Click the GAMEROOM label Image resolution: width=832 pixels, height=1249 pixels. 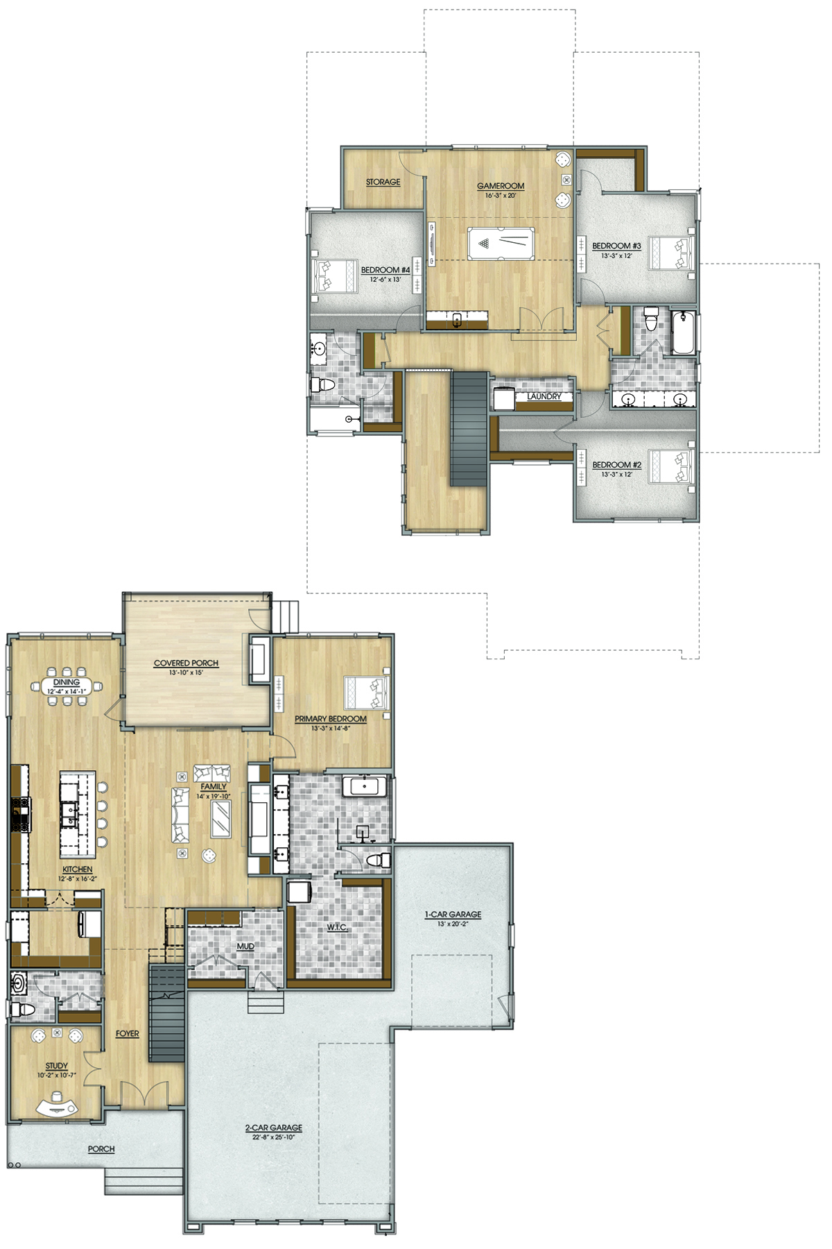501,186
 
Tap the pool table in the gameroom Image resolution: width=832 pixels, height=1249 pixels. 501,244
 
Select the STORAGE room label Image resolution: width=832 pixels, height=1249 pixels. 383,182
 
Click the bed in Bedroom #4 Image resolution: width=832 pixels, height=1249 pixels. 335,275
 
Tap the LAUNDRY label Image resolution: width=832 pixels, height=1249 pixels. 544,396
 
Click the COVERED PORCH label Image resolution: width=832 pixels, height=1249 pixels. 186,663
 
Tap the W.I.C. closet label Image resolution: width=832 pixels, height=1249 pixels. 337,927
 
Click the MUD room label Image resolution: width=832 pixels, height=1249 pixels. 245,946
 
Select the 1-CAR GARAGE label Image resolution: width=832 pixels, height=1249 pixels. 453,915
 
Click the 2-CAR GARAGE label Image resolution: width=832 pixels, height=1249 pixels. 273,1128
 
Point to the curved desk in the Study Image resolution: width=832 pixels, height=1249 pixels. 58,1104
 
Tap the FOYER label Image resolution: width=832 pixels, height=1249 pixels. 128,1034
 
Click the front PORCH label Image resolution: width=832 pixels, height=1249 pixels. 101,1149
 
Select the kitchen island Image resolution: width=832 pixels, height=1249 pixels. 78,814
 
